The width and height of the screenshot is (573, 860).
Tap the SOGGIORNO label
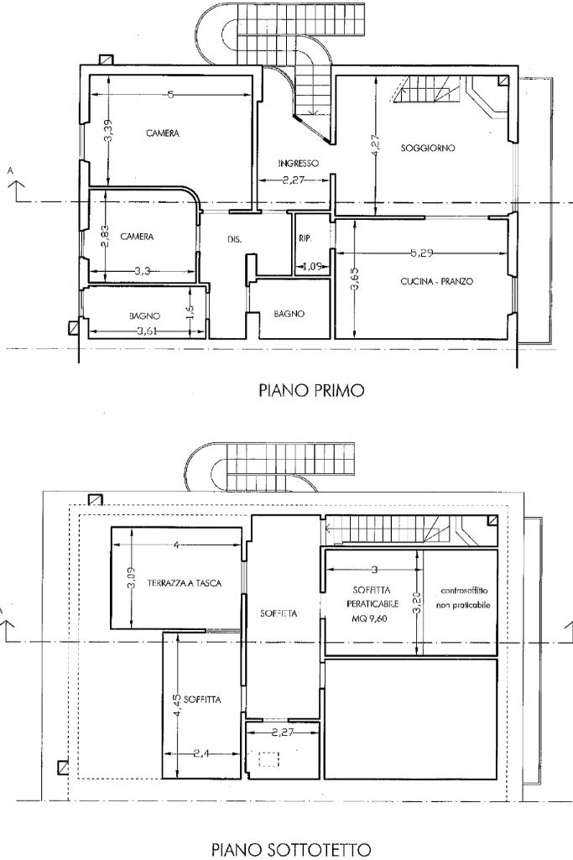point(428,149)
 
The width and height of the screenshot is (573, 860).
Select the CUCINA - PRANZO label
point(436,282)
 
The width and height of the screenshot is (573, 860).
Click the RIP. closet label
point(305,239)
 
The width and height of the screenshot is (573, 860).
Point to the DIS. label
point(235,240)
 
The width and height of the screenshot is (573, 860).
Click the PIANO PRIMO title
point(311,390)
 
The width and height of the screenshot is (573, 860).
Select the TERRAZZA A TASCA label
point(184,583)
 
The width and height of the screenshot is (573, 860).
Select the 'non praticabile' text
point(462,604)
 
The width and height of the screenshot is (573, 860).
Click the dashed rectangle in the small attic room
point(268,759)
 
